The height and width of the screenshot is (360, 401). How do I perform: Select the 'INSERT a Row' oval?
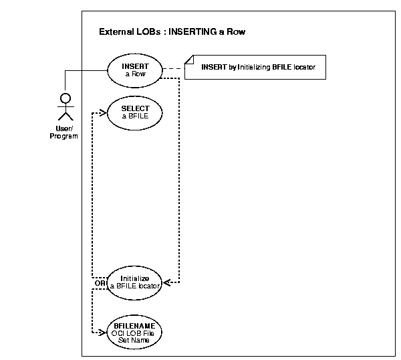click(136, 70)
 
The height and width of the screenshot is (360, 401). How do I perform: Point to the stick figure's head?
click(65, 98)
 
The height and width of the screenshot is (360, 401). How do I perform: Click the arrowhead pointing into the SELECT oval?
click(104, 114)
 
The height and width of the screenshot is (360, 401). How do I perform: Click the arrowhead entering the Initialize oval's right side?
click(168, 282)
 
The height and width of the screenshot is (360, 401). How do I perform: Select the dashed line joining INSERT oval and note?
click(174, 68)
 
